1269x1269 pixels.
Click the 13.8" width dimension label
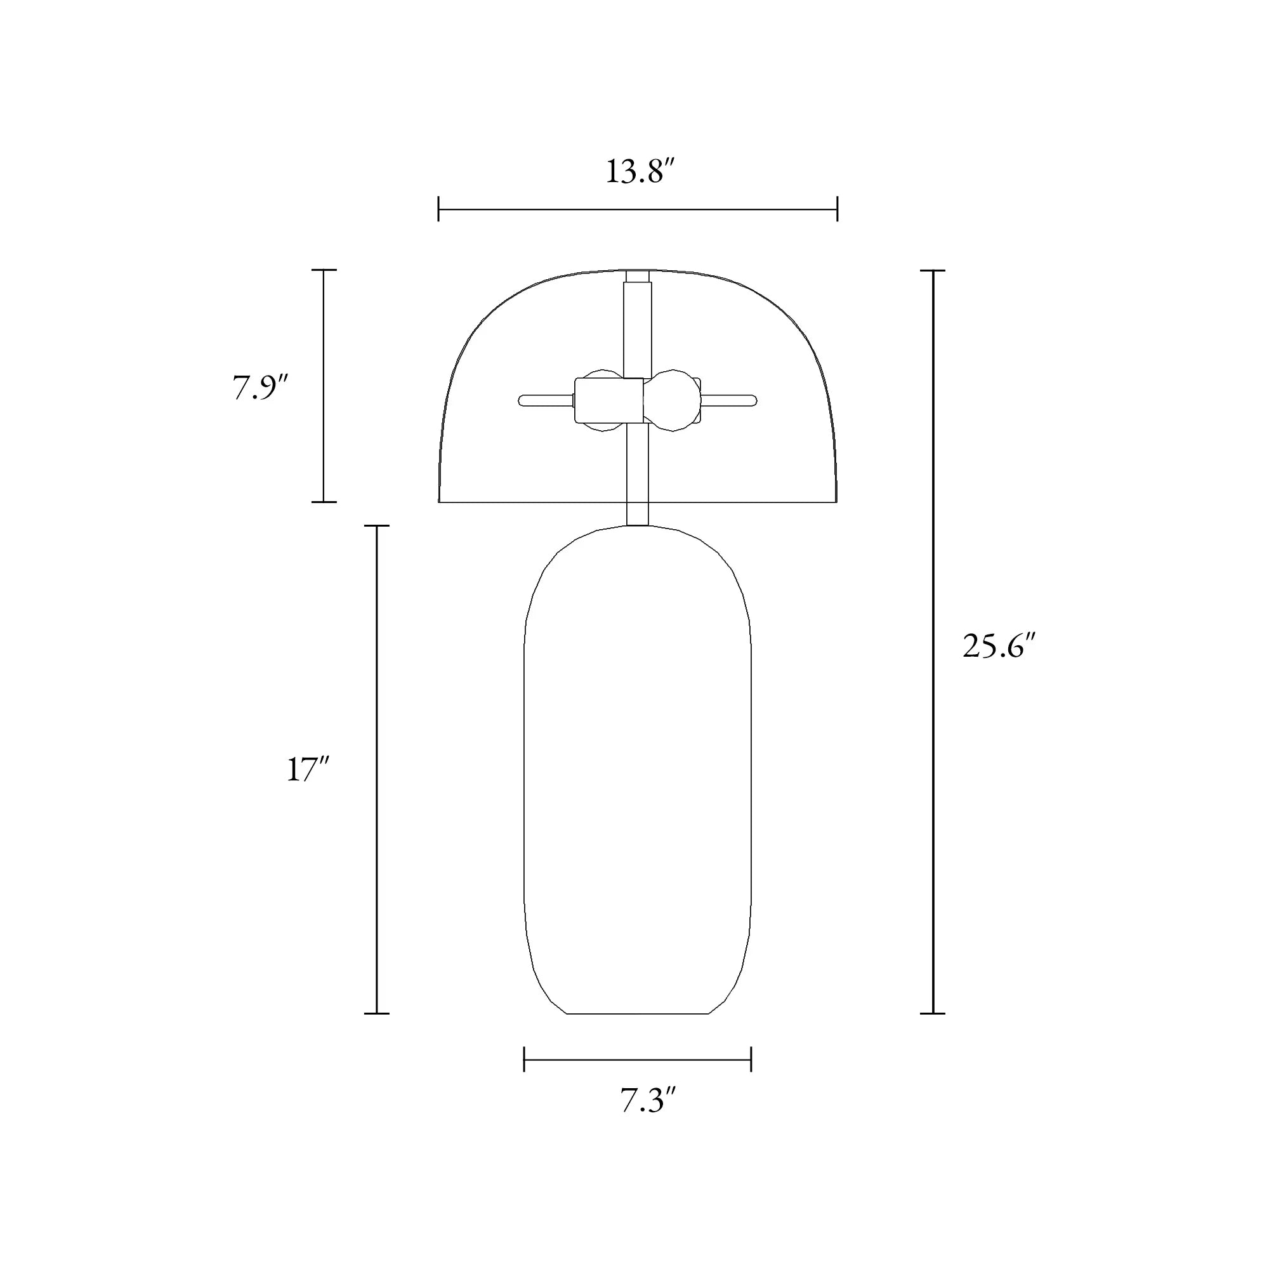[x=640, y=172]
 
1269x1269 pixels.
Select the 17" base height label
[x=306, y=769]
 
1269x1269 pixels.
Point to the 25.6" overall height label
[x=998, y=647]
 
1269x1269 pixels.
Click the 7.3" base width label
[x=648, y=1100]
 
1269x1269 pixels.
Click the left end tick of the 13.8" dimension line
[x=439, y=209]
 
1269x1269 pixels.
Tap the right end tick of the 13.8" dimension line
[x=837, y=209]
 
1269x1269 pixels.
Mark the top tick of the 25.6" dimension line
[x=933, y=270]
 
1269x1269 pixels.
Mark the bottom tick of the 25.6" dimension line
[x=933, y=1013]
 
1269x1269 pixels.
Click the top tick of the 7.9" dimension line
[x=324, y=270]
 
